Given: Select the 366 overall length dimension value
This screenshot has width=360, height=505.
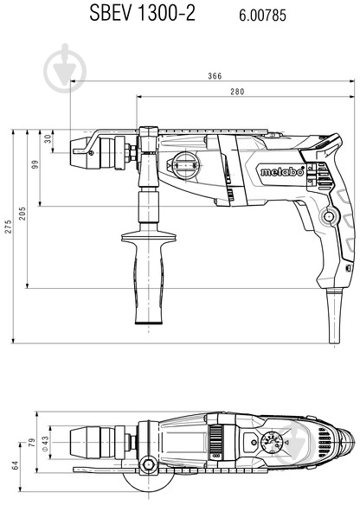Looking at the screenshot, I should click(215, 76).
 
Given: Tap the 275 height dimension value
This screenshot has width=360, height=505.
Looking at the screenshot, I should click(9, 227).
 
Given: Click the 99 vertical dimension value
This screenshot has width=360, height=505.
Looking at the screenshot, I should click(36, 165).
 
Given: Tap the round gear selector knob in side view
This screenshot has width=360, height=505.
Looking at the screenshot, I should click(183, 163).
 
